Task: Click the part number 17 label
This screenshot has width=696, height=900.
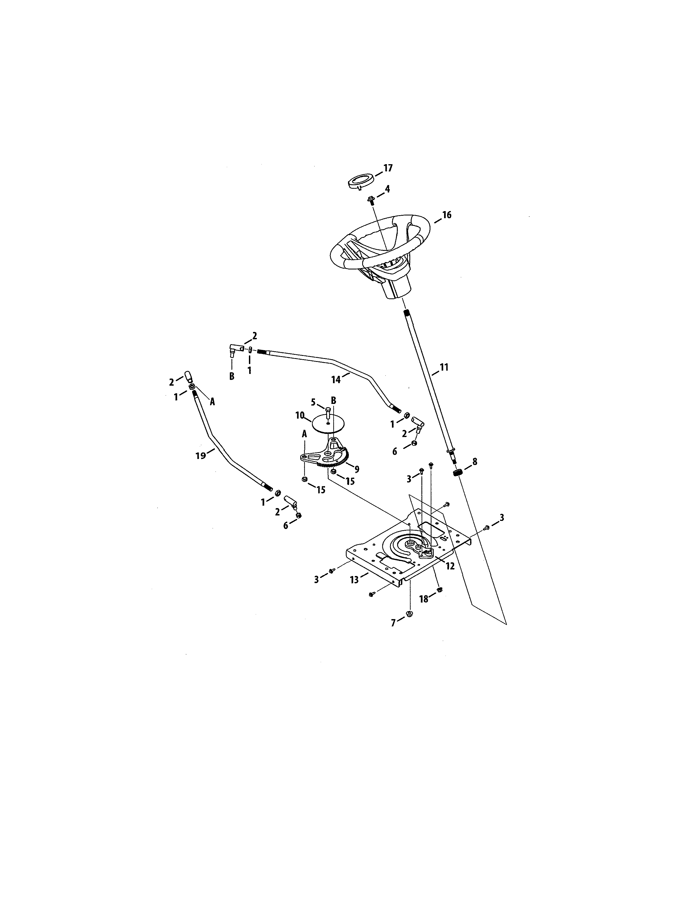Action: pyautogui.click(x=388, y=168)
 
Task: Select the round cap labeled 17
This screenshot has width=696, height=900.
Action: pyautogui.click(x=360, y=182)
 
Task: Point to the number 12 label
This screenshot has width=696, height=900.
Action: pyautogui.click(x=450, y=566)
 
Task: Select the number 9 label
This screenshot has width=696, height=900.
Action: pyautogui.click(x=357, y=469)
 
